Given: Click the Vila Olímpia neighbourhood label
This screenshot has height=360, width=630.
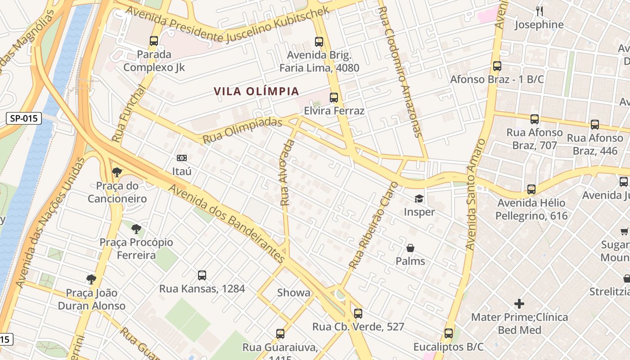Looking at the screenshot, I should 256,91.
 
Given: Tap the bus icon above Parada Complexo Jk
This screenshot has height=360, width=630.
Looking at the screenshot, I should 154,41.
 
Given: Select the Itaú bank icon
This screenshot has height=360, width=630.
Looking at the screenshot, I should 182,158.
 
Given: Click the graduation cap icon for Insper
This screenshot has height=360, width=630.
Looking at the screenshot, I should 419,198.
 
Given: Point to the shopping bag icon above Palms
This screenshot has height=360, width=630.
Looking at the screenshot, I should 410,247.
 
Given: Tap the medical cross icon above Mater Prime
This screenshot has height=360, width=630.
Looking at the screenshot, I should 519,304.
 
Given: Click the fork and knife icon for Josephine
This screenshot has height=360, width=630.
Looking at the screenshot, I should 539,11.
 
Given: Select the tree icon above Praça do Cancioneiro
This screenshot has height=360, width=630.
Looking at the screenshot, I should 117,172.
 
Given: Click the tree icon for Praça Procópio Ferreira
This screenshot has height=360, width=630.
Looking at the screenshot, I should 136,229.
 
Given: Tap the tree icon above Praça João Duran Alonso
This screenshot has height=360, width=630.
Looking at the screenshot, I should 91,279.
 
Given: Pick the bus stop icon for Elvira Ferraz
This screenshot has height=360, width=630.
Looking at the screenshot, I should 334,98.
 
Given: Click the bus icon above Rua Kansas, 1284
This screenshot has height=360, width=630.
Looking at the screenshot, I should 202,275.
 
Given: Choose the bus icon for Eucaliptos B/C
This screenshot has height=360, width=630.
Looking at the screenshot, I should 449,333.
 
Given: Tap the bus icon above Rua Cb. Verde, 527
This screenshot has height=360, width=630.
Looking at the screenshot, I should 358,313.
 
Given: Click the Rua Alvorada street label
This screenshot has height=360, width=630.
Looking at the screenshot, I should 287,173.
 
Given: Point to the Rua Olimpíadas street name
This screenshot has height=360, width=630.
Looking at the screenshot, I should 242,131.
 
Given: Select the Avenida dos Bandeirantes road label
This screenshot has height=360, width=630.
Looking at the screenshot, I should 227,223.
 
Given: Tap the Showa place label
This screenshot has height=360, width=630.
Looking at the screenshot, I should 293,292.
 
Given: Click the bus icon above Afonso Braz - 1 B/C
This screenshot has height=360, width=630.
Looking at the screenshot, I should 497,66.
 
